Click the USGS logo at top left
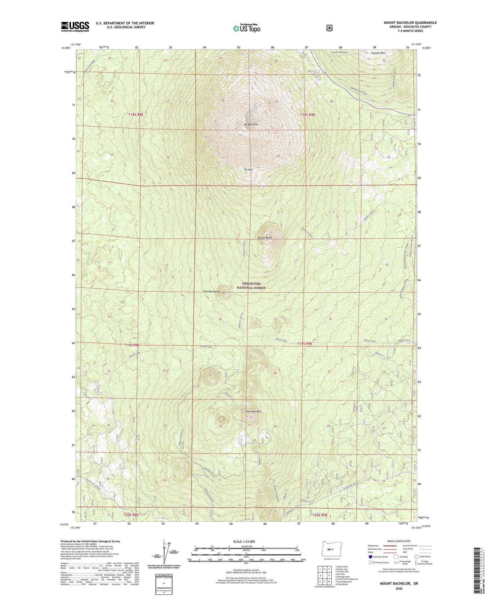75,27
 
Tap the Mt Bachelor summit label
251,124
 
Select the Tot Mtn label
248,169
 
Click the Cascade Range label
211,291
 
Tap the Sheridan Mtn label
253,411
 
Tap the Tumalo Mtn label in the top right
378,53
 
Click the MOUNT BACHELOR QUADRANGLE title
410,23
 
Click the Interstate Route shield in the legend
370,557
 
